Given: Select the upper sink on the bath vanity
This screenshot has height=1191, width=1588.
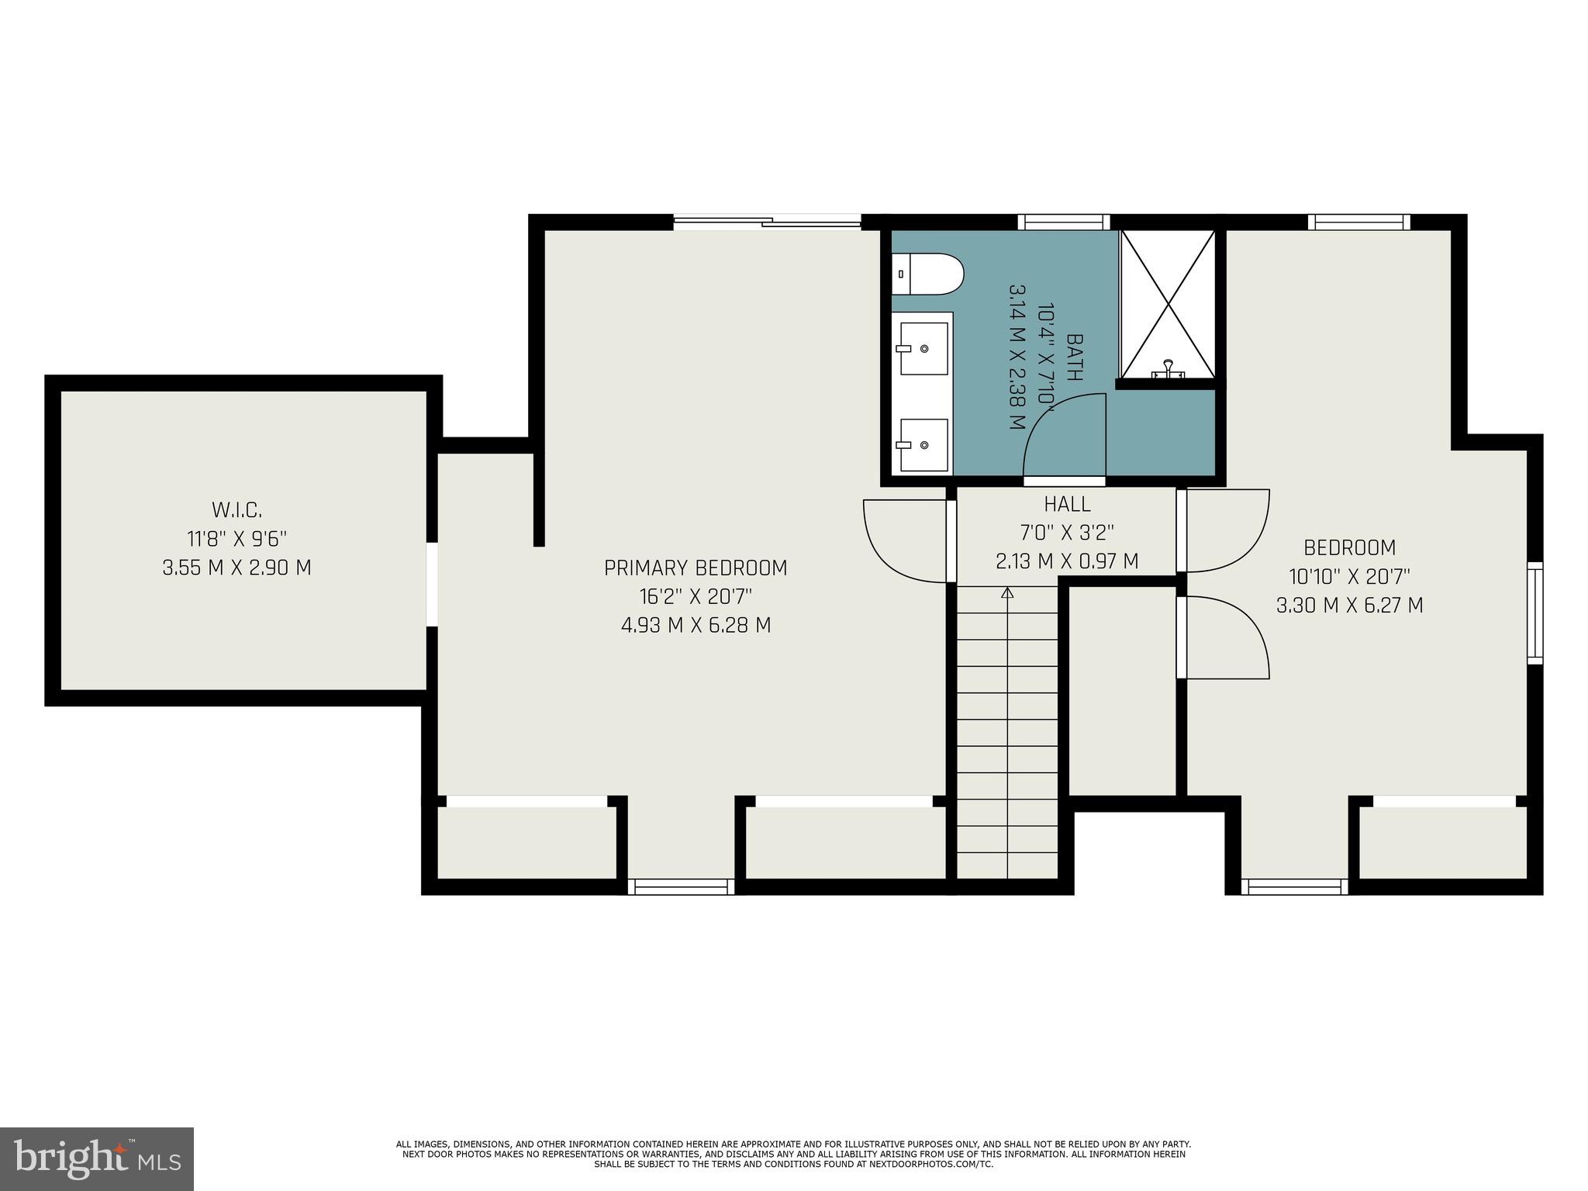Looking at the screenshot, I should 923,348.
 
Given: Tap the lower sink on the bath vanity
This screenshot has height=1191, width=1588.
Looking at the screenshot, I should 923,444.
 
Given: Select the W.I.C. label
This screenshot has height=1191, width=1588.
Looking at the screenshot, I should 236,510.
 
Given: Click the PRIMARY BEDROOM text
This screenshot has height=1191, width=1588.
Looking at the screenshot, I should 696,568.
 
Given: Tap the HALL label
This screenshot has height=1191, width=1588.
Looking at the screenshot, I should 1067,504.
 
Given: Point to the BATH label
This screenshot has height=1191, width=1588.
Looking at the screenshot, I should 1075,357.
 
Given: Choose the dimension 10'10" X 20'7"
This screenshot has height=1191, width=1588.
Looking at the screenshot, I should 1349,577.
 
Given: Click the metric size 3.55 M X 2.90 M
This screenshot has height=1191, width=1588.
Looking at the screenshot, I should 236,568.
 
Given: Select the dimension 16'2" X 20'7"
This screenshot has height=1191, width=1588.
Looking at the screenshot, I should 696,597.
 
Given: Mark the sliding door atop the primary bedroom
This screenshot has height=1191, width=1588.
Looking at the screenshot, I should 767,223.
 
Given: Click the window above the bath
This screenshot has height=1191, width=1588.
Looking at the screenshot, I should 1063,223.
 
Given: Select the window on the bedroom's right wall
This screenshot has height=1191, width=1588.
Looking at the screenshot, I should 1534,613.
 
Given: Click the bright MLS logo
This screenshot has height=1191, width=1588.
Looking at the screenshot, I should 97,1158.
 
